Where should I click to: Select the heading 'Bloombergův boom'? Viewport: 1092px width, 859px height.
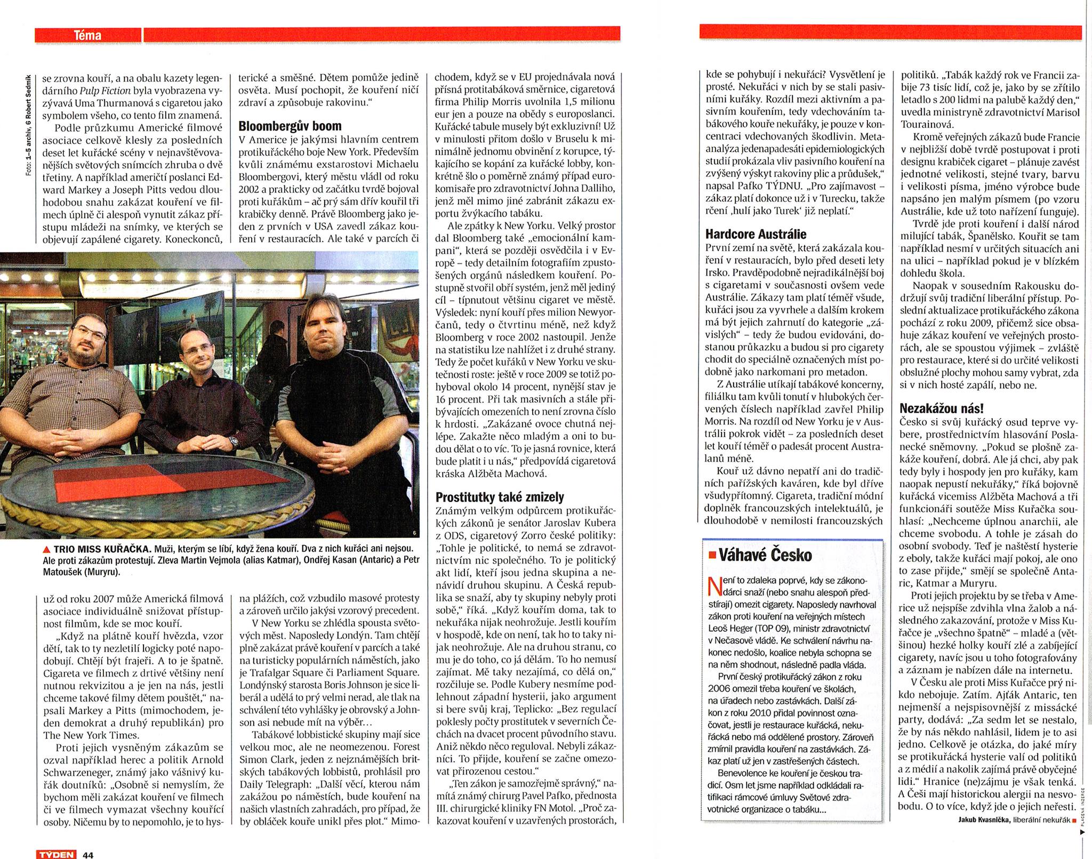click(290, 126)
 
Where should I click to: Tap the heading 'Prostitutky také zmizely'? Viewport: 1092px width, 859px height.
click(499, 497)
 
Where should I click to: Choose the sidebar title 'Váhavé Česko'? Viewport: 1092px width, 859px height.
click(766, 556)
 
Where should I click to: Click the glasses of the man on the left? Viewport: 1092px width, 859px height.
click(89, 333)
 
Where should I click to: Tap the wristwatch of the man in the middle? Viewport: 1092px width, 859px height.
click(234, 440)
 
